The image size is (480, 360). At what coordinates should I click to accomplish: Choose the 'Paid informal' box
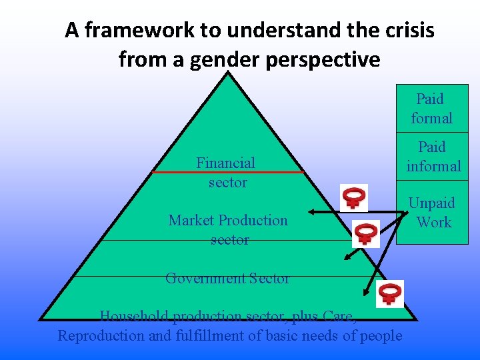pyautogui.click(x=433, y=157)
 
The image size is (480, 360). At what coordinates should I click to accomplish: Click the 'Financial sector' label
pyautogui.click(x=226, y=172)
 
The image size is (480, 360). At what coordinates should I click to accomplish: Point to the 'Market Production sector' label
pyautogui.click(x=228, y=229)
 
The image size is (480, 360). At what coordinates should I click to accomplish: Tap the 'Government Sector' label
pyautogui.click(x=227, y=278)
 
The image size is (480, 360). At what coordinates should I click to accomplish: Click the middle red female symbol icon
pyautogui.click(x=365, y=234)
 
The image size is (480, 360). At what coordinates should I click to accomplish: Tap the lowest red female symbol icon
pyautogui.click(x=389, y=293)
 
